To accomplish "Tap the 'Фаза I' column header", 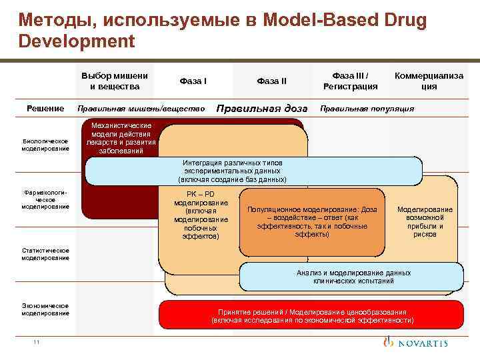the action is click(193, 81).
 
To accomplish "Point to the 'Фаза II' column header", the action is click(272, 81).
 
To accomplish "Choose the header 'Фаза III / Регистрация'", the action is click(350, 81).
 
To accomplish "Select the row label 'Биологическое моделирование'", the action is click(45, 145).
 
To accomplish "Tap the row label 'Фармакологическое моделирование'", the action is click(45, 199).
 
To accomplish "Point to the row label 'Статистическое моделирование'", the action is click(45, 254).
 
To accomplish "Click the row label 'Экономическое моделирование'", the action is click(45, 309).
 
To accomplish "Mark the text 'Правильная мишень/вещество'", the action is click(141, 108).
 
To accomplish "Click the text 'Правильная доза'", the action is click(262, 108).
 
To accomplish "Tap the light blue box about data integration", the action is click(253, 171).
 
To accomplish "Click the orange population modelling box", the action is click(313, 221).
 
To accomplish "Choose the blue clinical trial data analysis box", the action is click(351, 277).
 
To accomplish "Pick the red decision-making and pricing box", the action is click(311, 315).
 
